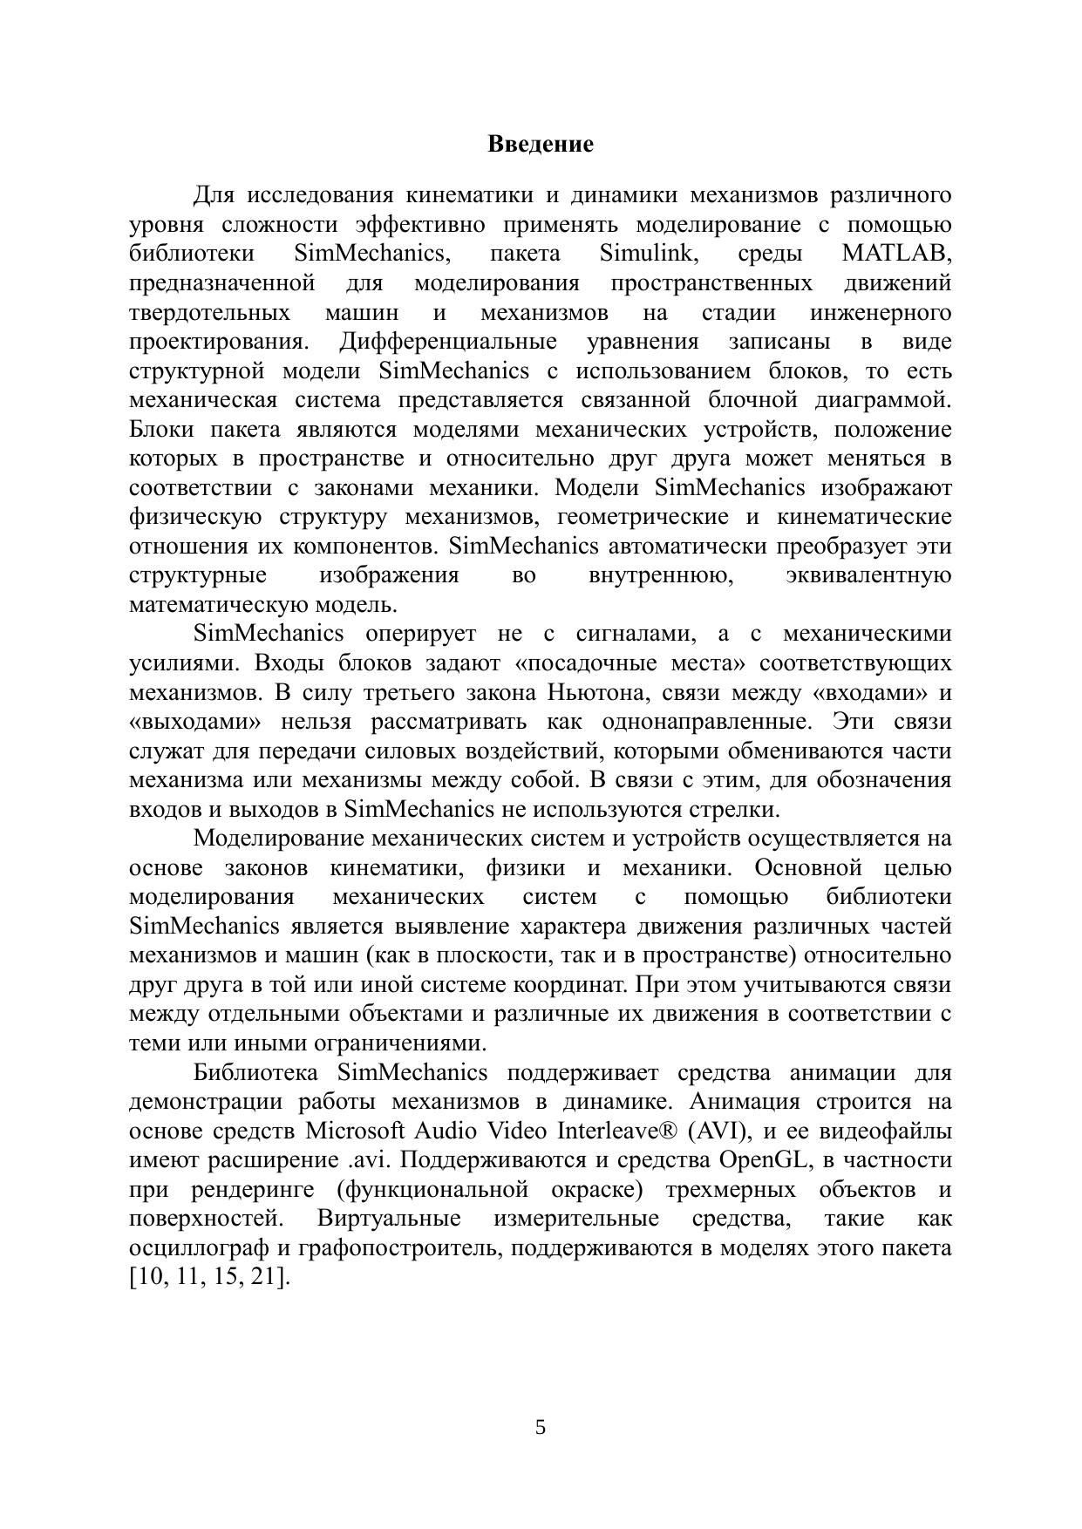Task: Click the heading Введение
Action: pyautogui.click(x=541, y=144)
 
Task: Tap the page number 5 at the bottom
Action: pyautogui.click(x=541, y=1427)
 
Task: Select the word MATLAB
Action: pyautogui.click(x=895, y=254)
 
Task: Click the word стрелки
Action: pyautogui.click(x=738, y=810)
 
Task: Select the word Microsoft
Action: pyautogui.click(x=355, y=1131)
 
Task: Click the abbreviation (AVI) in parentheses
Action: pyautogui.click(x=718, y=1131)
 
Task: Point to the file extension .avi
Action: pyautogui.click(x=365, y=1160)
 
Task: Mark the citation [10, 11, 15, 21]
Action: pyautogui.click(x=209, y=1278)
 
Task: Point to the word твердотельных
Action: pyautogui.click(x=210, y=312)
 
